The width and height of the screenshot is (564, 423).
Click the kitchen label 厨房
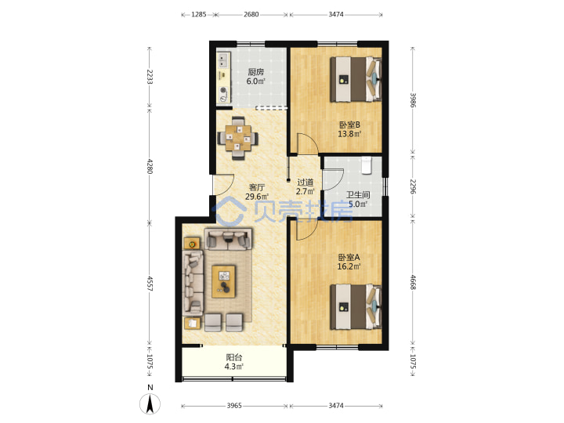[x=255, y=72]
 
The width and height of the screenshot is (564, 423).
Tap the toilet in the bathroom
[x=366, y=165]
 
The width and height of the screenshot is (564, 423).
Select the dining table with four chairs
[x=238, y=138]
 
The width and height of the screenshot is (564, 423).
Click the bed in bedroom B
[x=356, y=79]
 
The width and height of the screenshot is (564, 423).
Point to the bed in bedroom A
[x=356, y=306]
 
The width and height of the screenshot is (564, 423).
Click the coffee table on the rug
[x=223, y=282]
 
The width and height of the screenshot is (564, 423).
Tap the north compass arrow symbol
[x=150, y=403]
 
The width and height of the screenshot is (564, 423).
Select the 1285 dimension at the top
[x=198, y=14]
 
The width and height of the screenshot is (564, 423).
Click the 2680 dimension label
[x=251, y=14]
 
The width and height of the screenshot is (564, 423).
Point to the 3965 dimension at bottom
[x=234, y=406]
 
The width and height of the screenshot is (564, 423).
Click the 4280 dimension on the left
[x=150, y=166]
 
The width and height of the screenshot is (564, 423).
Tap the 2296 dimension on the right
[x=413, y=186]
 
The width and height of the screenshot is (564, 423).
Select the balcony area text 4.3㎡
[x=233, y=367]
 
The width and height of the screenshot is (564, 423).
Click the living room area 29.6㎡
[x=257, y=197]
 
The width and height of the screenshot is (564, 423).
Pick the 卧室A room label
[x=349, y=258]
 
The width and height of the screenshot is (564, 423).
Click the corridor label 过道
[x=305, y=183]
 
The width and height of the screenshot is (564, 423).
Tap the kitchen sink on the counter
[x=223, y=60]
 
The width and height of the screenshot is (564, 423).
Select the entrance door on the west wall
[x=224, y=185]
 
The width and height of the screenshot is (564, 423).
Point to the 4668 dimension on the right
[x=413, y=282]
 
